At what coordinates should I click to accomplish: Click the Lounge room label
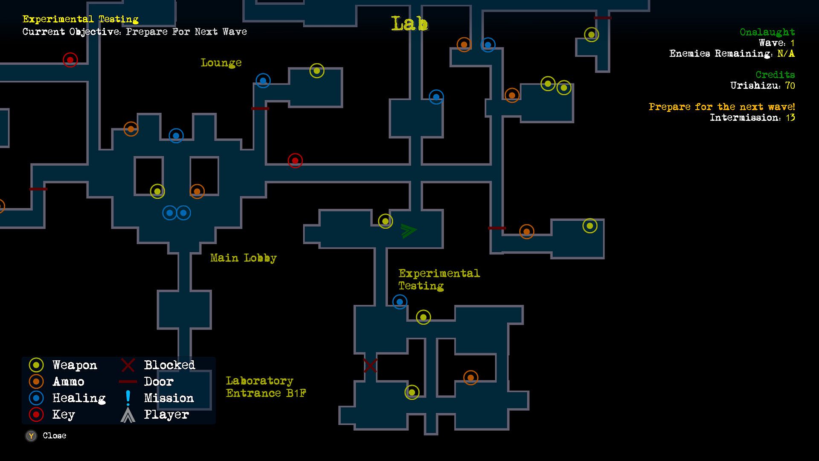(221, 63)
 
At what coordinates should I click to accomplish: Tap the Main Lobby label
(243, 258)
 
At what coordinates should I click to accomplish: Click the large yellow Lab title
(409, 24)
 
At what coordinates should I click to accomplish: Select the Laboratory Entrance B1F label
(266, 387)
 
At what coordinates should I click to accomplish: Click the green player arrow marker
(408, 231)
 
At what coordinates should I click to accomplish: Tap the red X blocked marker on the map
(370, 366)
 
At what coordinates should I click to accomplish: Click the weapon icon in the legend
(36, 365)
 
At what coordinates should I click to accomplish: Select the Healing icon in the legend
(36, 398)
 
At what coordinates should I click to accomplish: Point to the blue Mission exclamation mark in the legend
(128, 398)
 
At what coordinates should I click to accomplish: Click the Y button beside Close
(31, 436)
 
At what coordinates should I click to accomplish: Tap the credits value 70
(790, 86)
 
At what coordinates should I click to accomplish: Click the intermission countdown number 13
(790, 118)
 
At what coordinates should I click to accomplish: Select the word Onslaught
(767, 32)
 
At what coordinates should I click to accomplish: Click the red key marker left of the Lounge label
(70, 60)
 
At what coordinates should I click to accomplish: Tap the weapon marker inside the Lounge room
(317, 71)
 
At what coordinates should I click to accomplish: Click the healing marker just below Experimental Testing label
(400, 302)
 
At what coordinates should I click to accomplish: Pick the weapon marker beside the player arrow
(386, 221)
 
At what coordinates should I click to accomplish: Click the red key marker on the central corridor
(295, 160)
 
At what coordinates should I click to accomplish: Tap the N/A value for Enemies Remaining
(786, 54)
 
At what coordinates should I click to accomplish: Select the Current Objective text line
(134, 32)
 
